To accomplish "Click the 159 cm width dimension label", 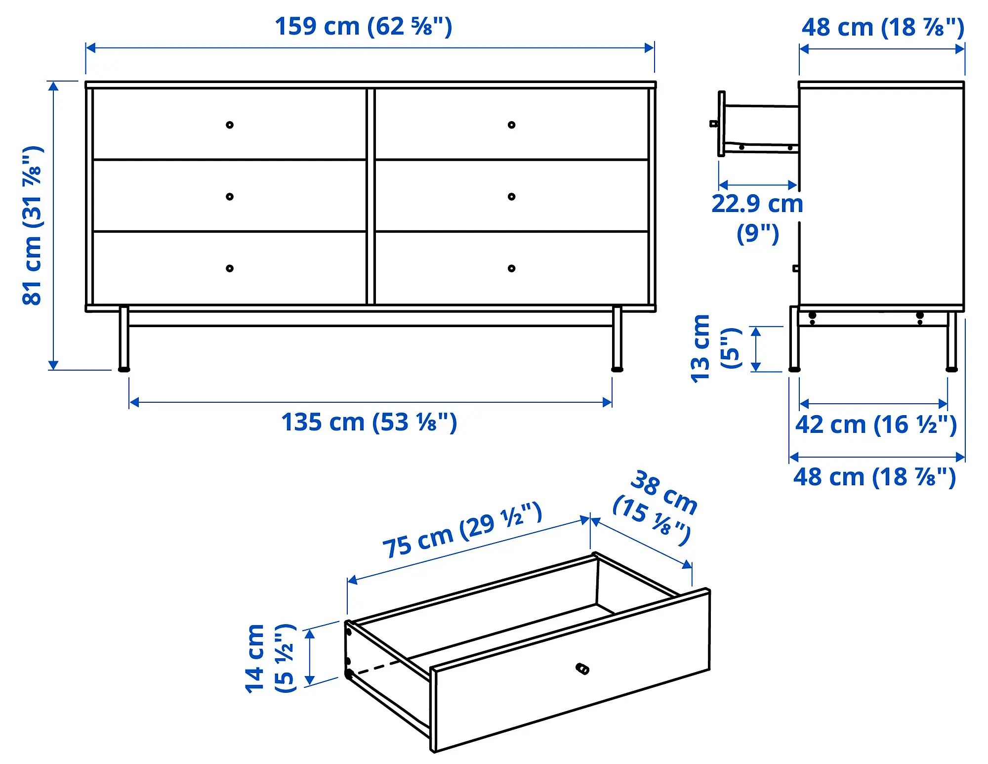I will (363, 27).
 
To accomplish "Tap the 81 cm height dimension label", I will (33, 225).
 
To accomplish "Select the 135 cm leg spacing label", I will (369, 423).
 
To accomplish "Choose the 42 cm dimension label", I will (875, 425).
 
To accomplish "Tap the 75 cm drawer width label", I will (462, 530).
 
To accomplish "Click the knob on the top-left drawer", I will (230, 125).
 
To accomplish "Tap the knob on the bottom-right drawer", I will (511, 268).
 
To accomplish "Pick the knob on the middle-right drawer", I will (511, 197).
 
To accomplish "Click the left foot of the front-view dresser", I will (124, 369).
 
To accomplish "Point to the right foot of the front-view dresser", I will (617, 369).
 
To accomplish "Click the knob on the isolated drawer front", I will (583, 669).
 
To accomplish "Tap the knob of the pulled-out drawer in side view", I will (714, 124).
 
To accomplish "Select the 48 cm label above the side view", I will (882, 28).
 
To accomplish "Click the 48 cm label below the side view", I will (874, 477).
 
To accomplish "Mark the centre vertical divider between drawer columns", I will (370, 197).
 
